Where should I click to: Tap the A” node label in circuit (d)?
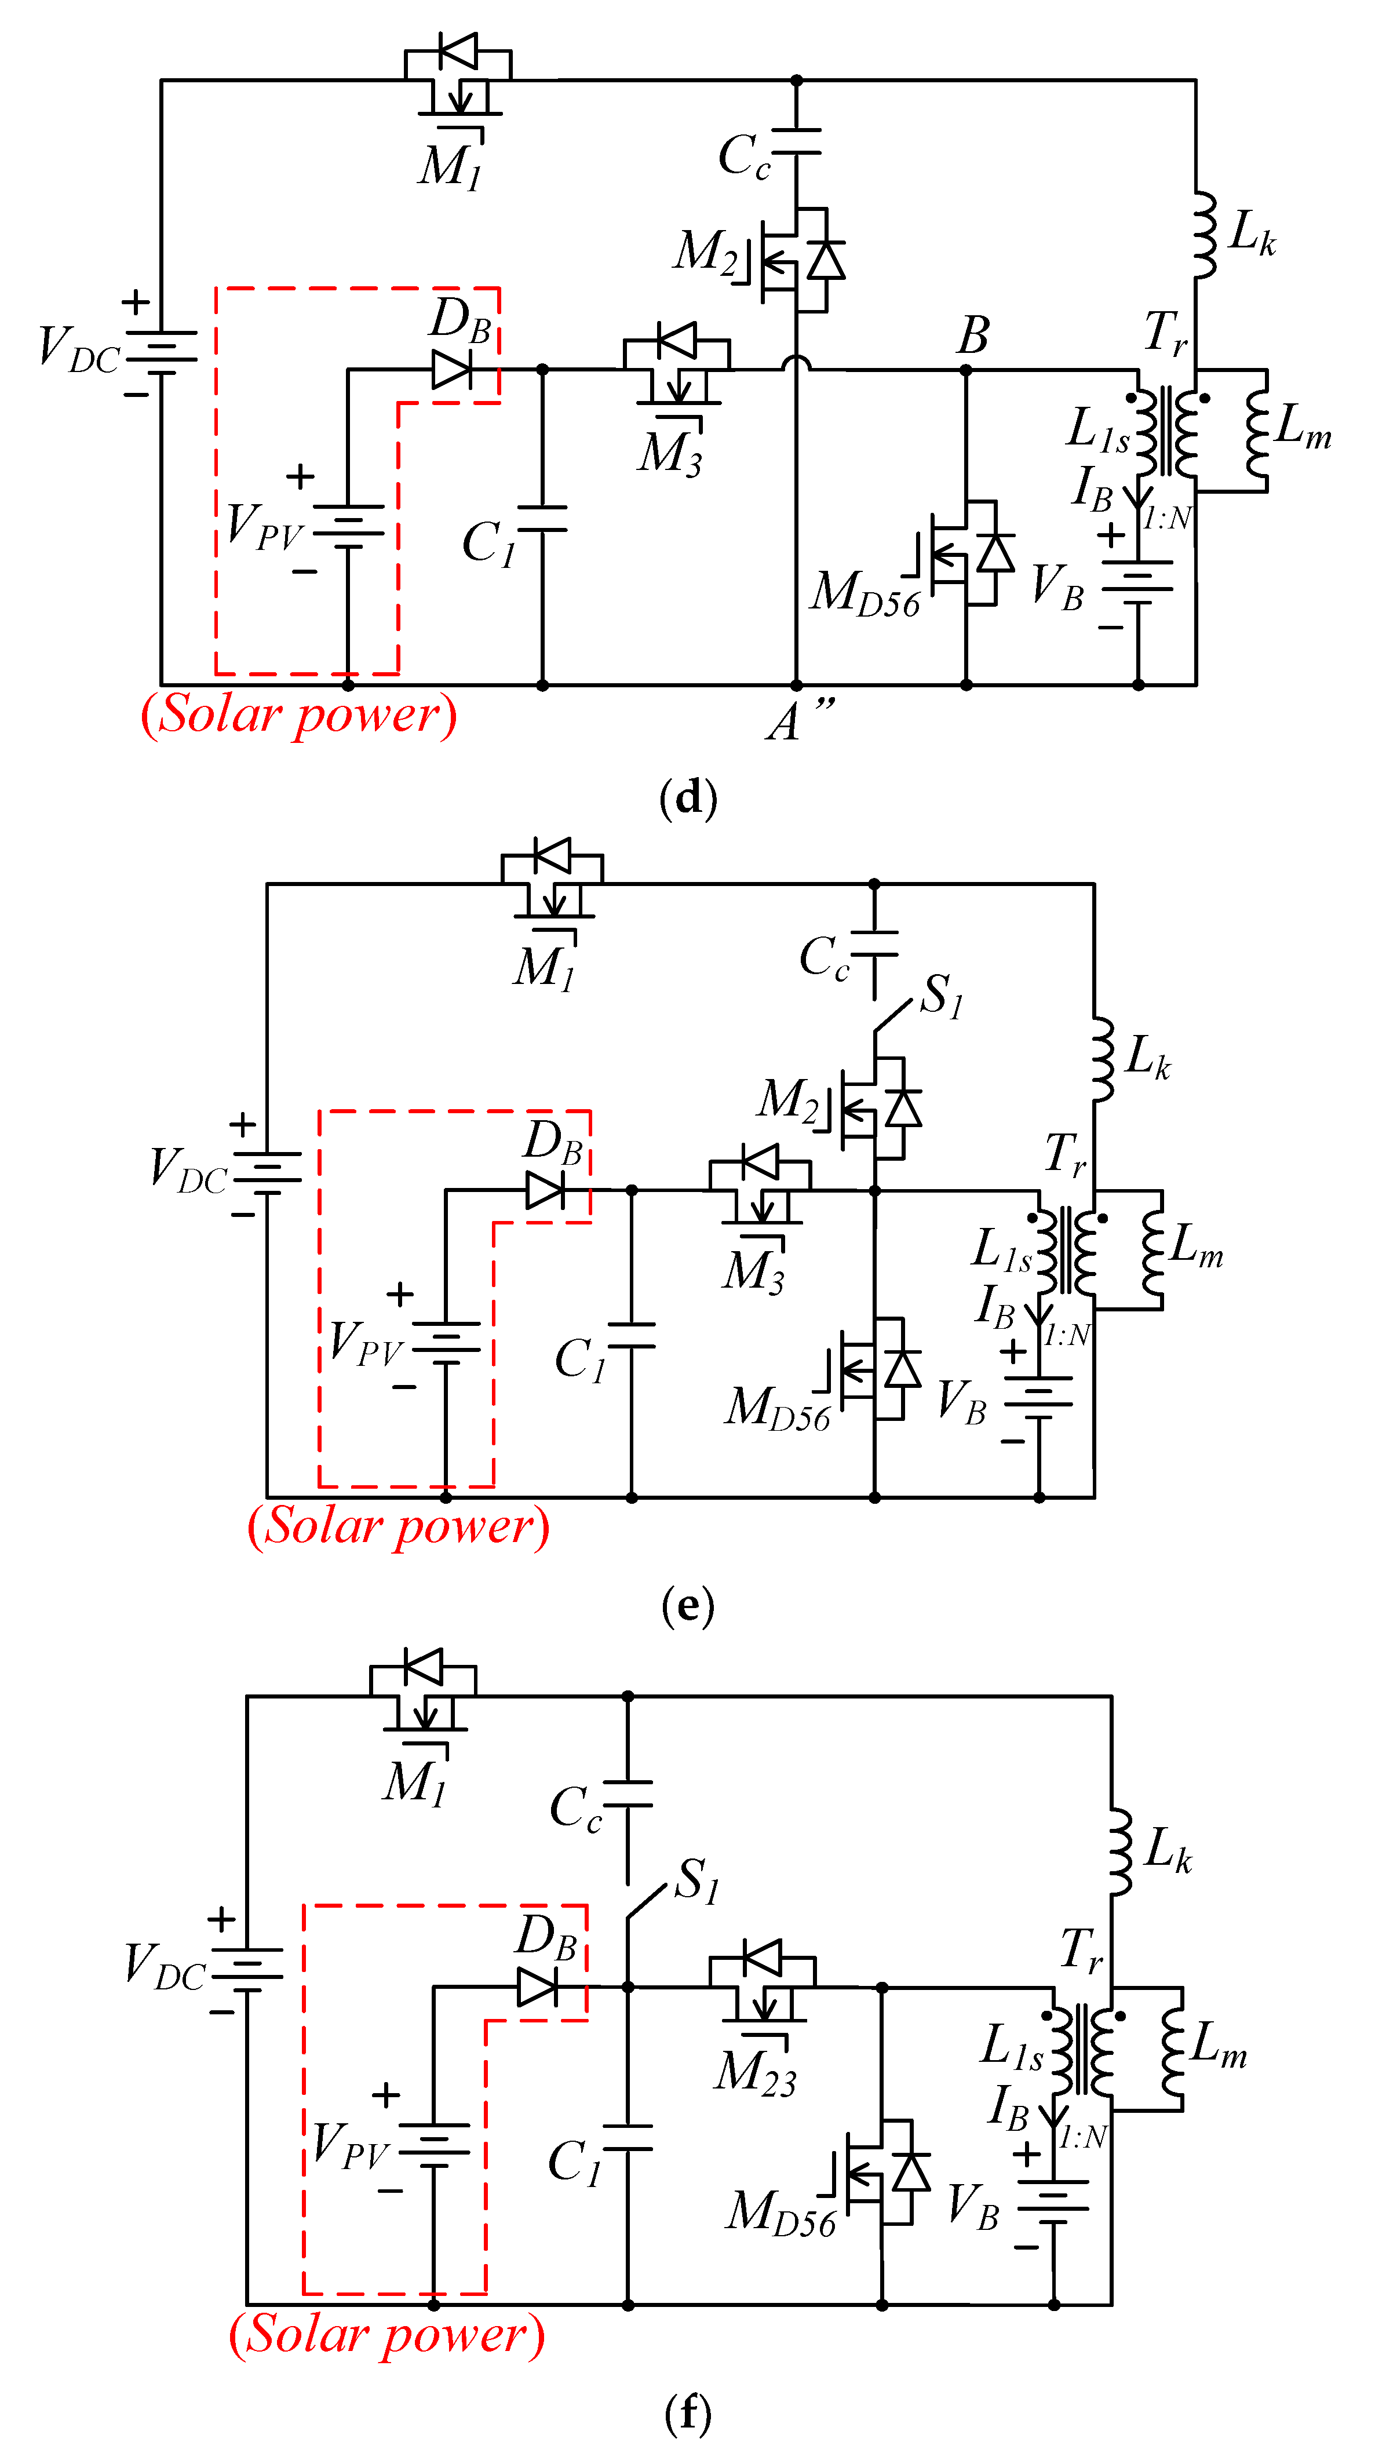point(798,720)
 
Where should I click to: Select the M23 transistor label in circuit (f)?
point(755,2074)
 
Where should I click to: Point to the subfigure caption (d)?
point(687,797)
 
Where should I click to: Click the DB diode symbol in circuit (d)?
point(451,370)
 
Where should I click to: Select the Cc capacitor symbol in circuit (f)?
point(628,1794)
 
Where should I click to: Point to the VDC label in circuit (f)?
point(164,1966)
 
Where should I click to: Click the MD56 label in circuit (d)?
point(865,593)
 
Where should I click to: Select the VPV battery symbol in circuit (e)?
point(446,1343)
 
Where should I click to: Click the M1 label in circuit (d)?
point(450,167)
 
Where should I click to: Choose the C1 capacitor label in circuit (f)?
point(574,2162)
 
